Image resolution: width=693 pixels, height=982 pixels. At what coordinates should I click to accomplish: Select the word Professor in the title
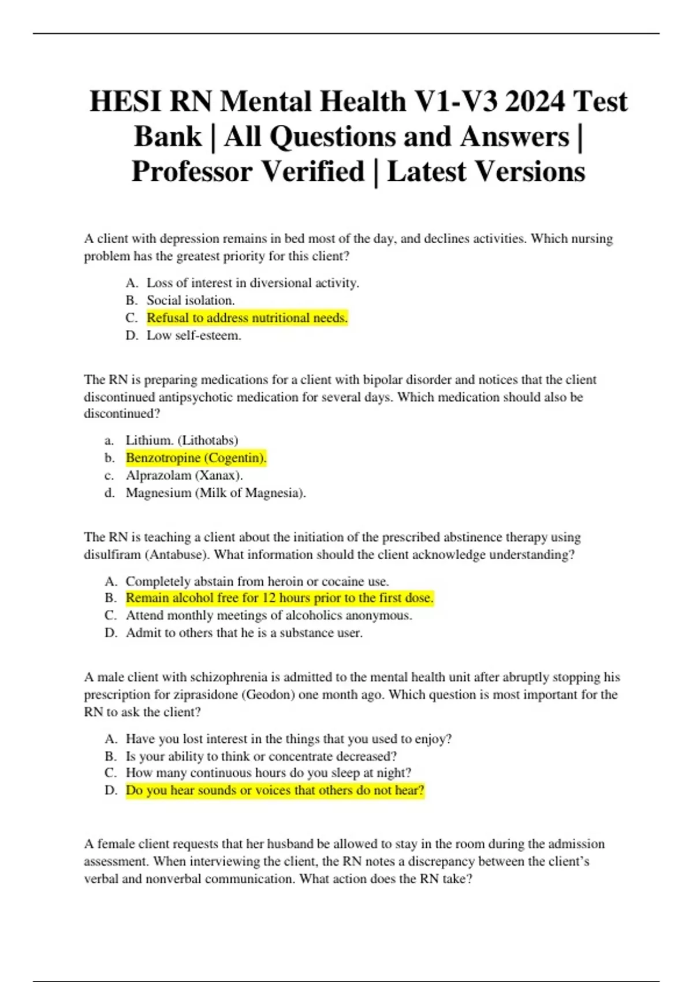191,172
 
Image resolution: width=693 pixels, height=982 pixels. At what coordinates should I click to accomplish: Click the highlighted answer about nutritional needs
247,318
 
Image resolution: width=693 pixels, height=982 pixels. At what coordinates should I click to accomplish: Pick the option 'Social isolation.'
191,300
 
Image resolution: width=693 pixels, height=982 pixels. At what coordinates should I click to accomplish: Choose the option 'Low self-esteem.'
193,336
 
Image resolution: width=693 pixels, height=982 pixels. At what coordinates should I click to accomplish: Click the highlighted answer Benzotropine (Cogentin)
196,458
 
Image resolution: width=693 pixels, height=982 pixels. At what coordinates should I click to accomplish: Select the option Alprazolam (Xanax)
184,475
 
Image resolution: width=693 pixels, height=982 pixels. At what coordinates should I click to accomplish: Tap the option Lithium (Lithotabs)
182,440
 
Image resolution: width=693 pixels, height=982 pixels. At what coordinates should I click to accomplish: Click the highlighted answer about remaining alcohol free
280,598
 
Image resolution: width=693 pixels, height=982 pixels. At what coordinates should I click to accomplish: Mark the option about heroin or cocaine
257,581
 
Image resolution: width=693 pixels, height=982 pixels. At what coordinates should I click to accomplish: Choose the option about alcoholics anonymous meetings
269,615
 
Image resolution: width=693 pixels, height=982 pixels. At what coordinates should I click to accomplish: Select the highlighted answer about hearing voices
275,790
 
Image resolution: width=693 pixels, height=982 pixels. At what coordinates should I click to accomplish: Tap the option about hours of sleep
269,773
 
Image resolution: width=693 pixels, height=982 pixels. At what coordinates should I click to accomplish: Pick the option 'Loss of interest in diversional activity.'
252,283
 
